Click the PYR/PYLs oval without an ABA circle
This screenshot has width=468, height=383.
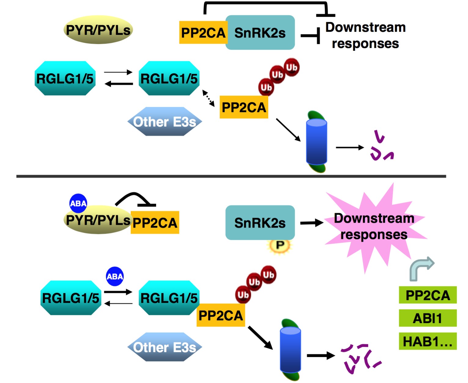98,30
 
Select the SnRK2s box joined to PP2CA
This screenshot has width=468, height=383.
260,33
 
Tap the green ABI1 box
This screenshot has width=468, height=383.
427,318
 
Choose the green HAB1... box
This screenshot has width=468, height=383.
427,341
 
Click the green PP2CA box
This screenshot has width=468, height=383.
427,295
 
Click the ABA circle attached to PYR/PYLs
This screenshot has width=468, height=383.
78,203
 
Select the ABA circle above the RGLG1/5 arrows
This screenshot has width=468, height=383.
115,276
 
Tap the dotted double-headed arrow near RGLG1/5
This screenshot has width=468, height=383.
209,98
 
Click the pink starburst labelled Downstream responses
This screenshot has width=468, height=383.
374,226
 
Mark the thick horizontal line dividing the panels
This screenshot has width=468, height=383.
231,176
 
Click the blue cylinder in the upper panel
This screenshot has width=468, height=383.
316,142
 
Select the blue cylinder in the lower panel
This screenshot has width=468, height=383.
290,349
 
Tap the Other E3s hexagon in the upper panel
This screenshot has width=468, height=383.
165,122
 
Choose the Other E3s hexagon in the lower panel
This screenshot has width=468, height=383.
165,347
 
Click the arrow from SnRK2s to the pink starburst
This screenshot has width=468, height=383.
312,223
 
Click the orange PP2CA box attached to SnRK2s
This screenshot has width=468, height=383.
203,33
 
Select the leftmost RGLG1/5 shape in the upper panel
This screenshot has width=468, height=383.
65,78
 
